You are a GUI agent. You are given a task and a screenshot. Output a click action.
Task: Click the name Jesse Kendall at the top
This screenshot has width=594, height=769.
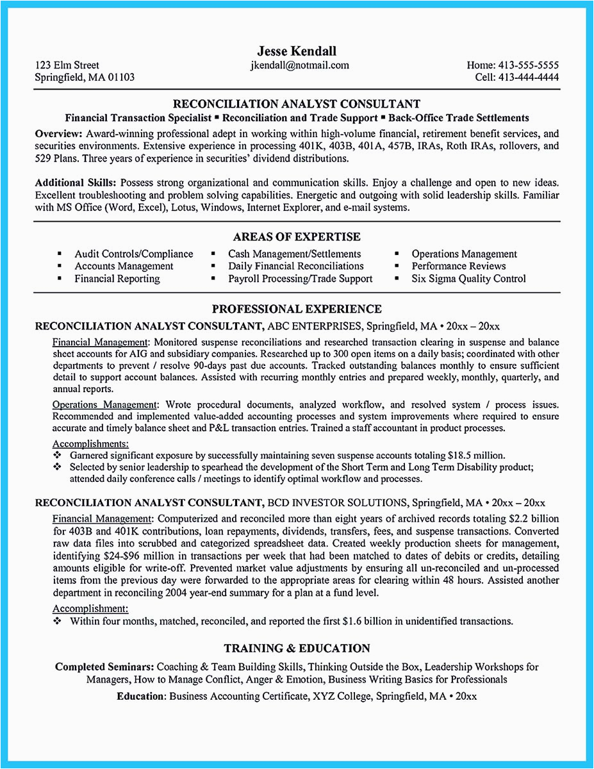[x=297, y=51]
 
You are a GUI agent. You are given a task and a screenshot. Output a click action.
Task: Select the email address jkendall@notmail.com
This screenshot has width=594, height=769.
[x=299, y=65]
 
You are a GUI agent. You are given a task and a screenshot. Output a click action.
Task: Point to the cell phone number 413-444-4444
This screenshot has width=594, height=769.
[x=527, y=77]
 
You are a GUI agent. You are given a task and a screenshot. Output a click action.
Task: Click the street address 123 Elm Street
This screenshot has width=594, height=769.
[x=67, y=65]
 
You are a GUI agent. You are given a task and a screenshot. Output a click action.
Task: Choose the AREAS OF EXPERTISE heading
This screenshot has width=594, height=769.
[x=297, y=237]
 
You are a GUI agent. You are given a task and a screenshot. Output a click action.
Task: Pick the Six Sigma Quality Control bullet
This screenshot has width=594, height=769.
[x=468, y=279]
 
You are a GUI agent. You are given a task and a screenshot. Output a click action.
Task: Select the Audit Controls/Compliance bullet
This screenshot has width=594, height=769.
[x=133, y=254]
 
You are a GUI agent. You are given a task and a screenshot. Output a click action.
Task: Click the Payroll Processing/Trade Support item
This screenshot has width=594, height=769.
[x=300, y=279]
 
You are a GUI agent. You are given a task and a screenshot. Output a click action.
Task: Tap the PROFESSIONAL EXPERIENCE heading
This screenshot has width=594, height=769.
[x=297, y=309]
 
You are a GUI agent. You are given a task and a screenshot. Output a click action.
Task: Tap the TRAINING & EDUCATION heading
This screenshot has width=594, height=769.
[x=297, y=649]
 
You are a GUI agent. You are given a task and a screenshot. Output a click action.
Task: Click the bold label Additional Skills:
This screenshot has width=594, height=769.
[x=76, y=183]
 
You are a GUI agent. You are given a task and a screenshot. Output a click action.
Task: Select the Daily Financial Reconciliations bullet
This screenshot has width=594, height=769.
[x=295, y=266]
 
